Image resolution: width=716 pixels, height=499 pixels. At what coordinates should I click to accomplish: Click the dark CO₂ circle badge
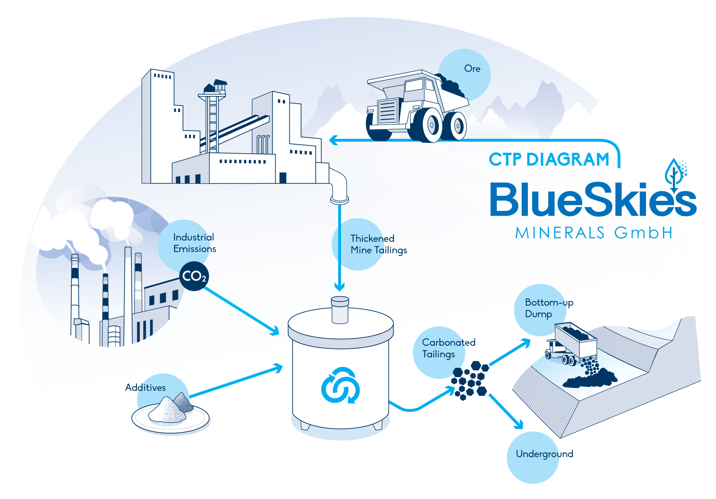coord(194,276)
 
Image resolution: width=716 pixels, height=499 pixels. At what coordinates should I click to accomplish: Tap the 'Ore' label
coord(472,69)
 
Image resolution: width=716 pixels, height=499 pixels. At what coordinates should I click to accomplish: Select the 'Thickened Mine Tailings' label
coord(378,244)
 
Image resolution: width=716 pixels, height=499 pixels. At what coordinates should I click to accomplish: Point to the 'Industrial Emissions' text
coord(194,243)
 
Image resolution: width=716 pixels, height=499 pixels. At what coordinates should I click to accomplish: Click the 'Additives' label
coord(146,387)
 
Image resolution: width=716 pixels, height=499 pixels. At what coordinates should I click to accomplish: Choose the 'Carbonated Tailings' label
coord(448,348)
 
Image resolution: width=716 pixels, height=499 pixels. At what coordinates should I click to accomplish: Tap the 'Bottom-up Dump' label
coord(549,308)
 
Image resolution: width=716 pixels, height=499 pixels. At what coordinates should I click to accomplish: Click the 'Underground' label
coord(544,454)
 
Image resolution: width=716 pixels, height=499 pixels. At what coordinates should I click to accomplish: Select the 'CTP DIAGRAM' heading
coord(549,160)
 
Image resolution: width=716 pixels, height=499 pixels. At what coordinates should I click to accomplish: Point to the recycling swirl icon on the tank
coord(340,385)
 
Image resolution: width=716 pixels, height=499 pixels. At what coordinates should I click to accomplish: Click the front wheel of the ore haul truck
coord(428,125)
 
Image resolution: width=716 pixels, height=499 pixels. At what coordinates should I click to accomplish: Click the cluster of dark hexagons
coord(470,380)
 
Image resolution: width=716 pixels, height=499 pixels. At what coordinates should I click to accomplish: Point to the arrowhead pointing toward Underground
coord(518,423)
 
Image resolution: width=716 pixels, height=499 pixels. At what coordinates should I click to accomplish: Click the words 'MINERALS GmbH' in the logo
coord(594,233)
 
